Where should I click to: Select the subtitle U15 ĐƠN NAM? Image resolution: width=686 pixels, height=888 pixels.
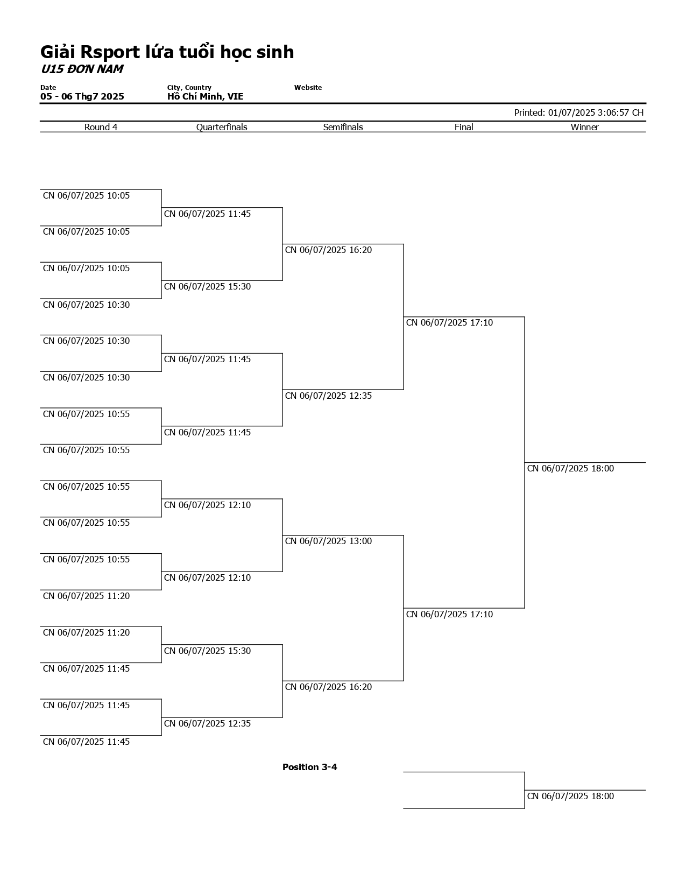(81, 69)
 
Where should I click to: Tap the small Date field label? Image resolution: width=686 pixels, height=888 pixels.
(48, 87)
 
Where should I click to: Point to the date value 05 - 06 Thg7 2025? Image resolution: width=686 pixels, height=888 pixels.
(82, 97)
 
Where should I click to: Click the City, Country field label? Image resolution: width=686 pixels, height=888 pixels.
(189, 87)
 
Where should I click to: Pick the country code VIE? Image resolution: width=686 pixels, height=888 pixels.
(235, 97)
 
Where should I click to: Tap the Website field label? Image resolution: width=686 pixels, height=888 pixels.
(308, 87)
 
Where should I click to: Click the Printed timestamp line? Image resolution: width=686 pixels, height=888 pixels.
(578, 112)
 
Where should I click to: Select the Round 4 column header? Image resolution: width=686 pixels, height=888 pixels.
(101, 127)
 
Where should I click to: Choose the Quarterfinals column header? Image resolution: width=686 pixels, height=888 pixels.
(222, 127)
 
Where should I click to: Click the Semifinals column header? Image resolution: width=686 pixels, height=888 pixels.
(343, 127)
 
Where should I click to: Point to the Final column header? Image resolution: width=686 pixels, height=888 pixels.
(464, 127)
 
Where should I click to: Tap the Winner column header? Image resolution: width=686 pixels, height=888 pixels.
(584, 127)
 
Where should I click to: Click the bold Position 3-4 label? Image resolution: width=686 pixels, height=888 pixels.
(309, 767)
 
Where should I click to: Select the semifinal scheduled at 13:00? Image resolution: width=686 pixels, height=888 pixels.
(328, 541)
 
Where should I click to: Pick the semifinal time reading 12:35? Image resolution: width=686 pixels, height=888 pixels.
(328, 396)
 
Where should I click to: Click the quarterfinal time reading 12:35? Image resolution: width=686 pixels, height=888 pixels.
(207, 724)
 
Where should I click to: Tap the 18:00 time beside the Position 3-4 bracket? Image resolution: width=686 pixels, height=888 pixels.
(570, 797)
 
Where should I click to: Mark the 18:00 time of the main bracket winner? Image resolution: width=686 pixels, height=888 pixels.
(570, 469)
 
